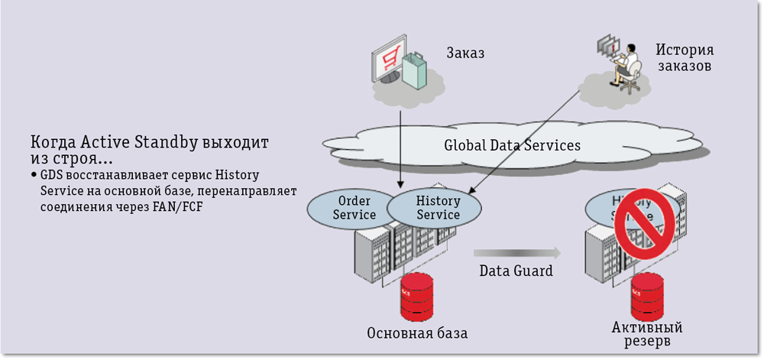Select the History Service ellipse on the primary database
point(438,207)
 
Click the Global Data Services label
point(513,144)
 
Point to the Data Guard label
point(516,271)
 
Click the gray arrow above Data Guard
point(516,252)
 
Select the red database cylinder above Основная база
point(417,299)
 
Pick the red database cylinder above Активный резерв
point(646,298)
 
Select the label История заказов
point(684,58)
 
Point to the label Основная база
point(417,334)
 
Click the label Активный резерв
point(646,334)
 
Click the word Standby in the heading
point(167,142)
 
